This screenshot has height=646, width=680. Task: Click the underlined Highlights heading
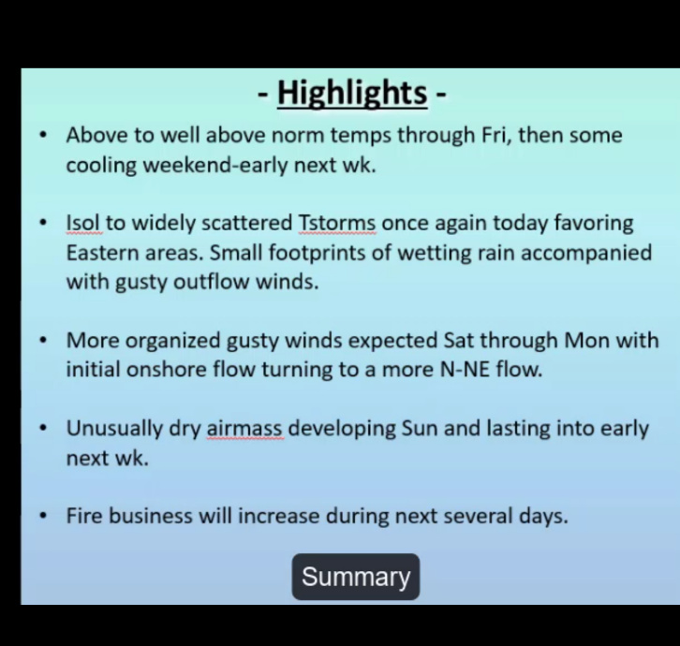pos(352,93)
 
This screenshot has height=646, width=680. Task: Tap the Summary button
pos(356,577)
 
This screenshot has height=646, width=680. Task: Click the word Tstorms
pos(337,223)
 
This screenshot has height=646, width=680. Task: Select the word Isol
pos(83,223)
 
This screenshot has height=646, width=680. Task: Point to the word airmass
pos(245,429)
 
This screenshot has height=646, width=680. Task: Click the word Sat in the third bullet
pos(458,341)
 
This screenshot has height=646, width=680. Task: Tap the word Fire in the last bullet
pos(84,516)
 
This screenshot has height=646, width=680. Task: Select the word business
pos(150,516)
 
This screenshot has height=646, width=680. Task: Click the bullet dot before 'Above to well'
pos(42,135)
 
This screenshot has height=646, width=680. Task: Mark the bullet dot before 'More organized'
pos(42,341)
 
